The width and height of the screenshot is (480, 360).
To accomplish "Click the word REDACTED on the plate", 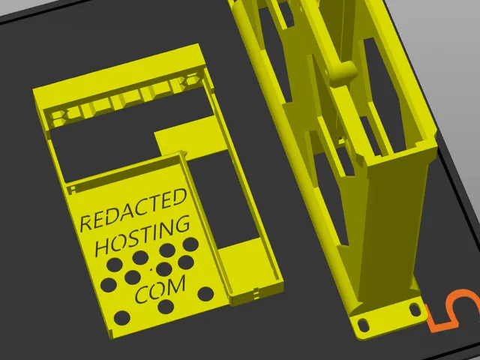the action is coord(133,209).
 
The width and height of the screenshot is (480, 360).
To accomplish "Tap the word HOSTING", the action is coord(142,235).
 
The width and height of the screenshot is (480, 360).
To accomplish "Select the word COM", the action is coord(160,289).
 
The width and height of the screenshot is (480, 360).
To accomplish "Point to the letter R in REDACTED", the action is coord(86,223).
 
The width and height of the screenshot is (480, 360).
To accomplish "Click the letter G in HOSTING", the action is coord(182,224).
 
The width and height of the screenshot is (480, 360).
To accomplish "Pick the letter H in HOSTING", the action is coord(103,247).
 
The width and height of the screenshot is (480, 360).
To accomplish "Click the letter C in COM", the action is coord(141,295).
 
